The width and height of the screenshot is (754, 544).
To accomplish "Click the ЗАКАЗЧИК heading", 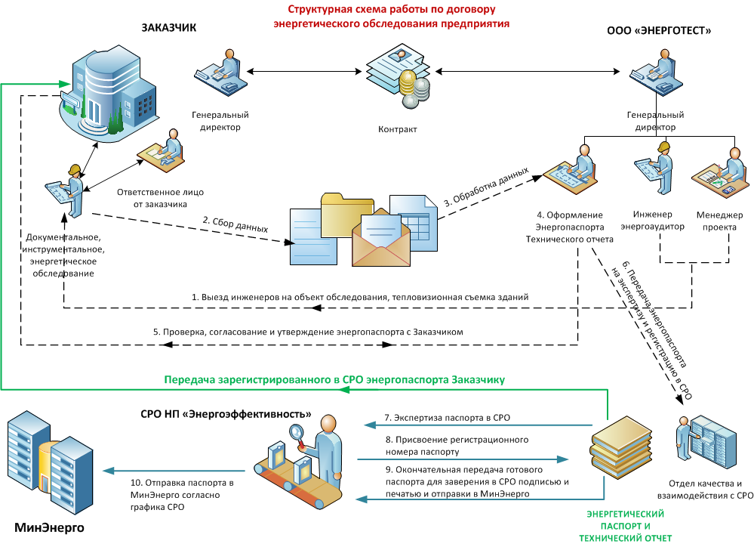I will point(168,28).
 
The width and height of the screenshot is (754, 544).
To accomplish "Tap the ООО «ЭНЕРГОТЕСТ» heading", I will point(659,31).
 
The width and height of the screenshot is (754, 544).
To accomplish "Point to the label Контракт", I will point(397,129).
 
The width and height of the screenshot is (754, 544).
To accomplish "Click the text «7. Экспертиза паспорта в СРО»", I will point(438,418).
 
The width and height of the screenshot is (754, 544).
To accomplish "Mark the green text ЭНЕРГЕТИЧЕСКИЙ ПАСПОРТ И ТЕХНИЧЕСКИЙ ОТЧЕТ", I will point(625,525).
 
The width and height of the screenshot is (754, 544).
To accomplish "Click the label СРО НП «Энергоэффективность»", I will point(226,414).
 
